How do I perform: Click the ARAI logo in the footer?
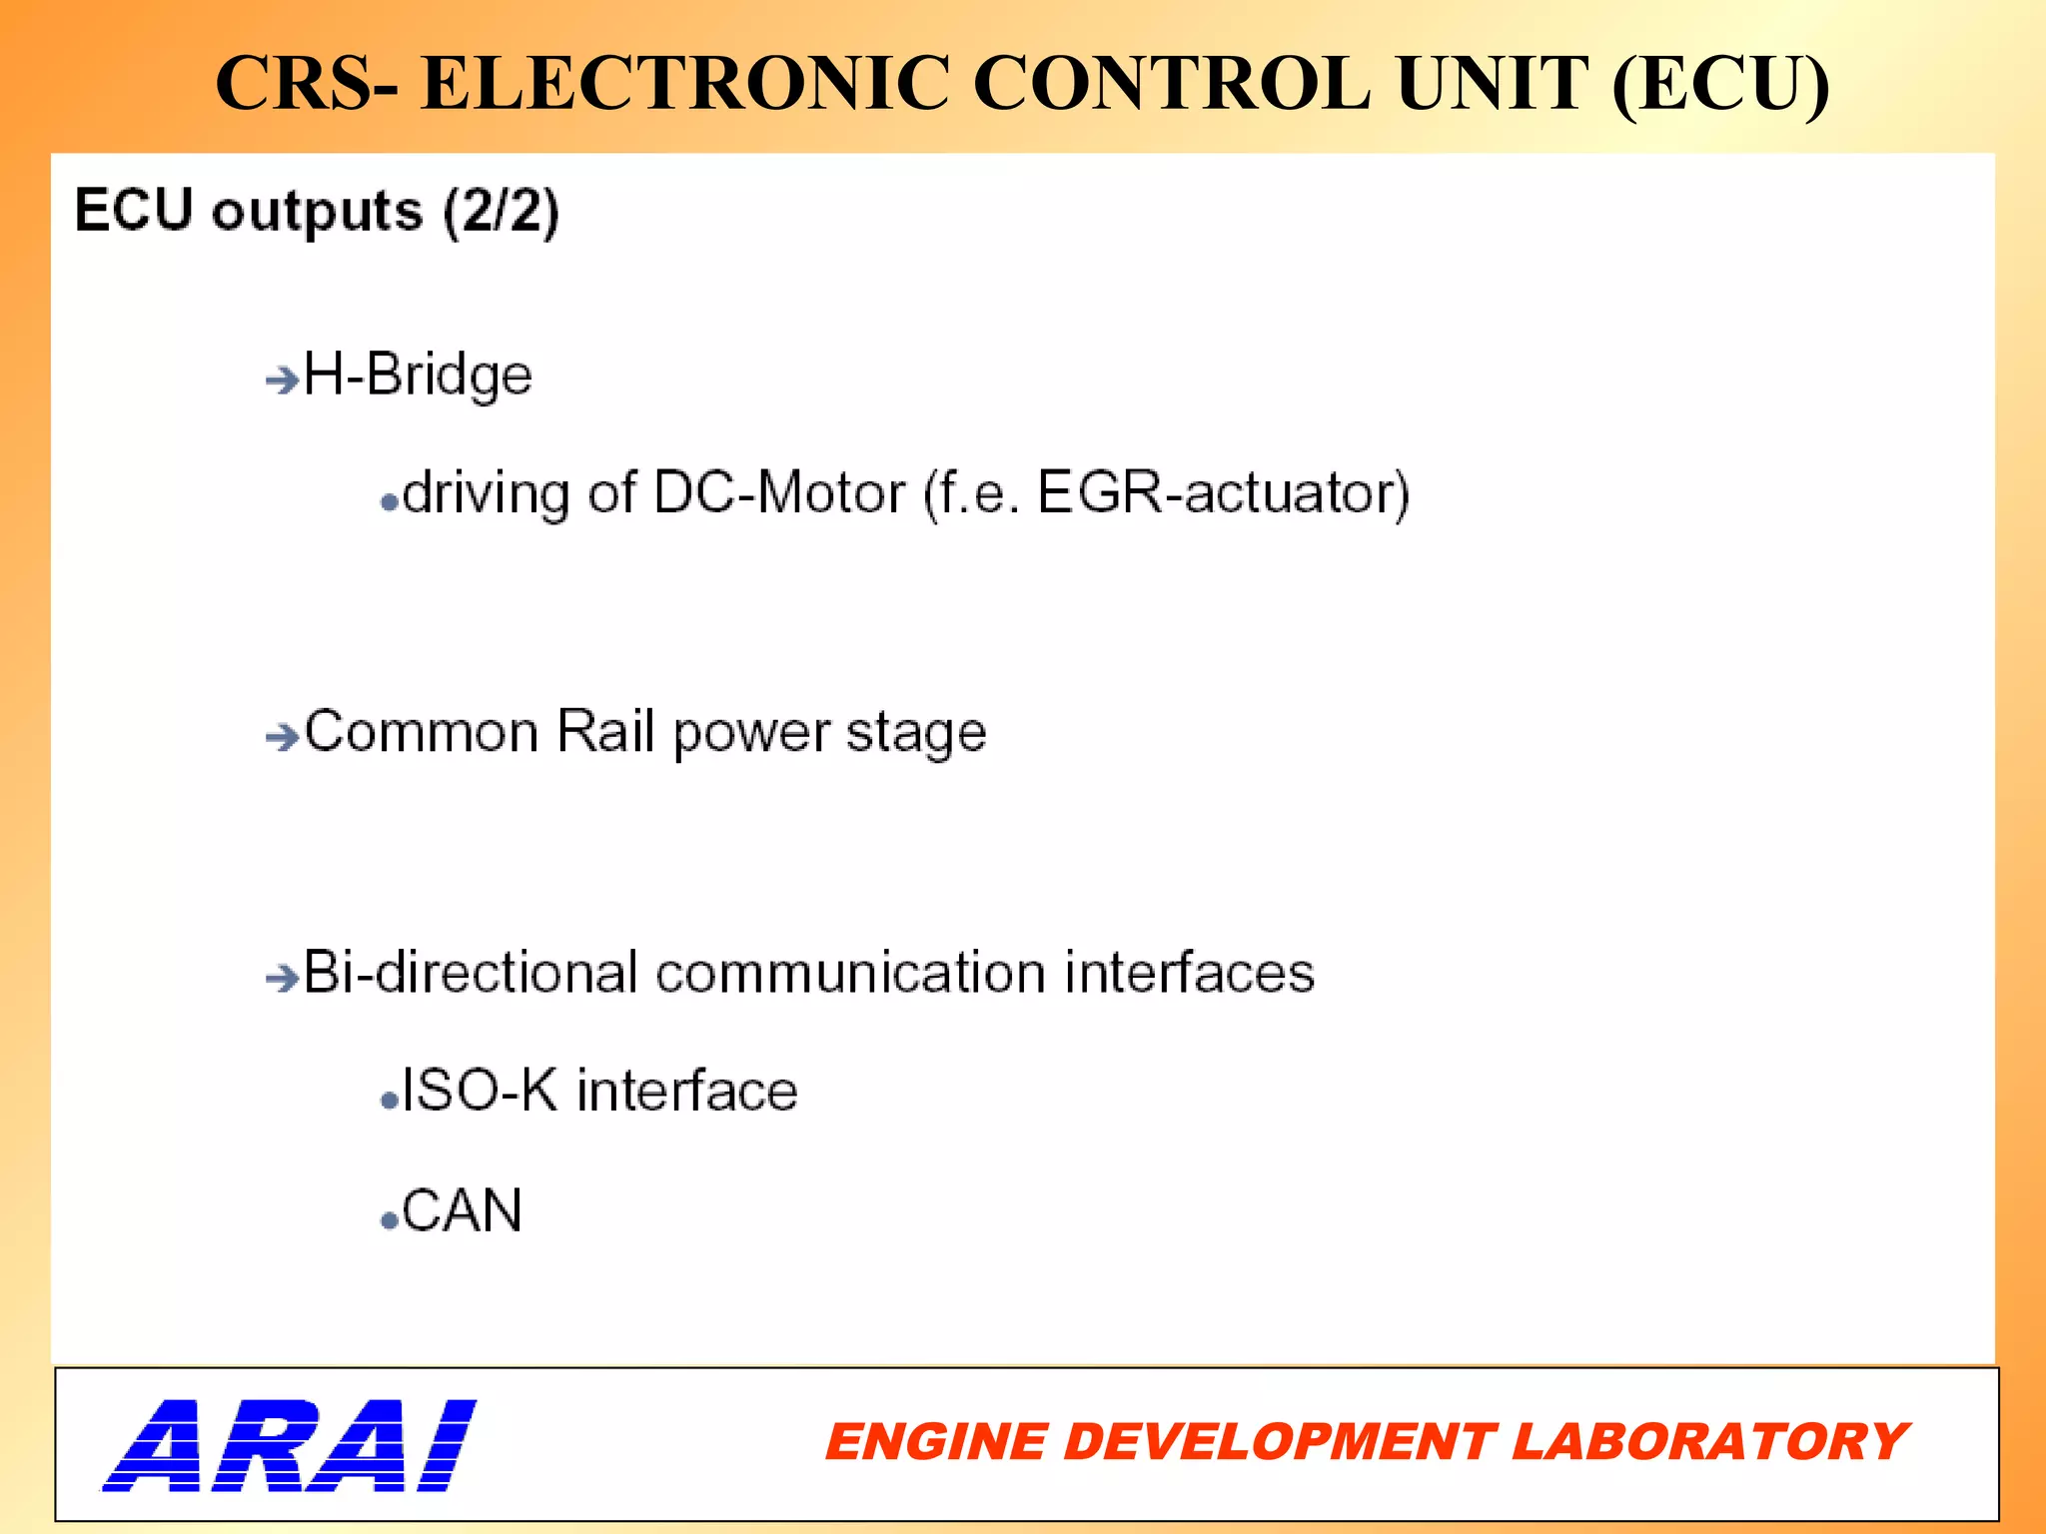290,1444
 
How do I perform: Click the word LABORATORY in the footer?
1709,1442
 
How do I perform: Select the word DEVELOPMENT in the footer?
1278,1442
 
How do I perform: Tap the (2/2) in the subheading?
502,212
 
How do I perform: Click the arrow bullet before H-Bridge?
282,380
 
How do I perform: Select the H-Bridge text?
418,377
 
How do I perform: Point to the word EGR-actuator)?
1224,493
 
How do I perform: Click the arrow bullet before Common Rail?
282,737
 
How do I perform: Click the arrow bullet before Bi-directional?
282,977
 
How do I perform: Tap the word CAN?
462,1211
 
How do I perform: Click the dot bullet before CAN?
390,1220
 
